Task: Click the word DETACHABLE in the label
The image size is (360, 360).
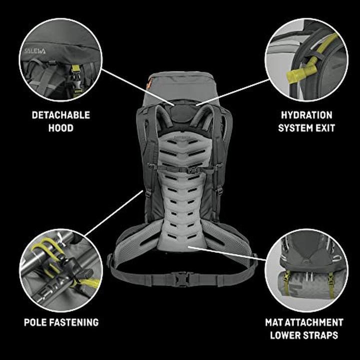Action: click(61, 115)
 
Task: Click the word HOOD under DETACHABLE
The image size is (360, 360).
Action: click(61, 128)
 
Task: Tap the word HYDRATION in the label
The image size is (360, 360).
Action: click(306, 115)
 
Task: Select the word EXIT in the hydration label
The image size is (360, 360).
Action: click(323, 128)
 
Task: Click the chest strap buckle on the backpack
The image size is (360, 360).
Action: click(183, 170)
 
